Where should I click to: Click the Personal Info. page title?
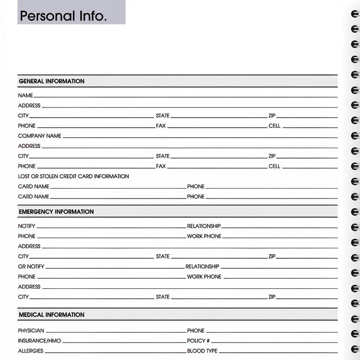[63, 16]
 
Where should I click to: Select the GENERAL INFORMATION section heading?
[51, 81]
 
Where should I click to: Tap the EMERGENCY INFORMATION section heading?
[56, 212]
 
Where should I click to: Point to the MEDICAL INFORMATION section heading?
[51, 315]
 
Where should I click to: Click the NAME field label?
[25, 95]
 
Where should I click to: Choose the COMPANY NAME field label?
[40, 136]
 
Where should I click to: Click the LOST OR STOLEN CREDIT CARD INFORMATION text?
[73, 176]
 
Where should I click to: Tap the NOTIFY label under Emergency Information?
[27, 226]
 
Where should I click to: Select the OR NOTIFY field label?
[31, 266]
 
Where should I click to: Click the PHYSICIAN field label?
[31, 330]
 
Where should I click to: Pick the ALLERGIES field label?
[31, 351]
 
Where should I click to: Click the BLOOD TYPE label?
[202, 351]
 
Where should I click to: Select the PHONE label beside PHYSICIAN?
[195, 330]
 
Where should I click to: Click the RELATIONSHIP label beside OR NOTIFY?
[202, 266]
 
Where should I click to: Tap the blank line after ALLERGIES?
[115, 352]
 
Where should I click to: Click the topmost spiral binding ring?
[355, 14]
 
